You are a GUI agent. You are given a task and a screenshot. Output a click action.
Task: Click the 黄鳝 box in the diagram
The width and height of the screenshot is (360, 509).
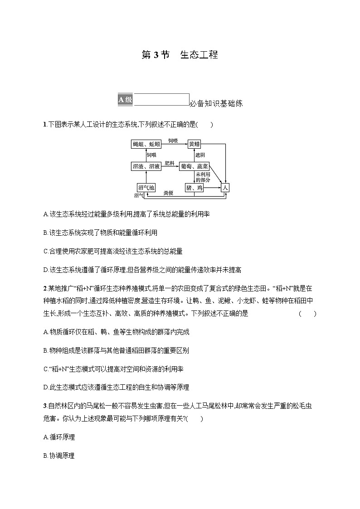(194, 144)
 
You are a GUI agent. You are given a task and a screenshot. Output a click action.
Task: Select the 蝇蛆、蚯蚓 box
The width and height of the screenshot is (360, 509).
(146, 144)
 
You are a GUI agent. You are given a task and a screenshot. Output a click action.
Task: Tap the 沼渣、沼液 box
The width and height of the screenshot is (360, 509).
(146, 166)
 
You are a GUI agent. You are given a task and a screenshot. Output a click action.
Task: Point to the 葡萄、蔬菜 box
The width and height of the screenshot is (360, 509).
(194, 166)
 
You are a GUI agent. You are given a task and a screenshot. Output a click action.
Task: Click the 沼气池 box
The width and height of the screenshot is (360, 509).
(146, 187)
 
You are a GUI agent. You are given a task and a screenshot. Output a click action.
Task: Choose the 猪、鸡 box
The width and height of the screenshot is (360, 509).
(194, 187)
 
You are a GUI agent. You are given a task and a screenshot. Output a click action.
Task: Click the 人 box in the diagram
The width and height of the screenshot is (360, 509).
(225, 187)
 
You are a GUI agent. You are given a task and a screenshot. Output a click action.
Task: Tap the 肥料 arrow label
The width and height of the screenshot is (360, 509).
(170, 163)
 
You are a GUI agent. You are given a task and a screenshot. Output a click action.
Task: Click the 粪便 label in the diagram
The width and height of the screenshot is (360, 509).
(168, 193)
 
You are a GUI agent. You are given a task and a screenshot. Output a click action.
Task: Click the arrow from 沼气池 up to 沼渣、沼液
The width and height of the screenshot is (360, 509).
(146, 177)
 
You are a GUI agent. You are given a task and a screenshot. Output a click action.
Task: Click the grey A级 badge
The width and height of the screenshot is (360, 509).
(125, 100)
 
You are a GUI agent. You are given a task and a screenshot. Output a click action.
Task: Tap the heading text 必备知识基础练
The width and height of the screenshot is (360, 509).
(216, 104)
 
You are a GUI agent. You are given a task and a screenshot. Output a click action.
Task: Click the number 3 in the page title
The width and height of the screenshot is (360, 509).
(156, 55)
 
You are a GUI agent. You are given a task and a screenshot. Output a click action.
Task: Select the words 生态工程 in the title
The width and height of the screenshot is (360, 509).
(199, 55)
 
